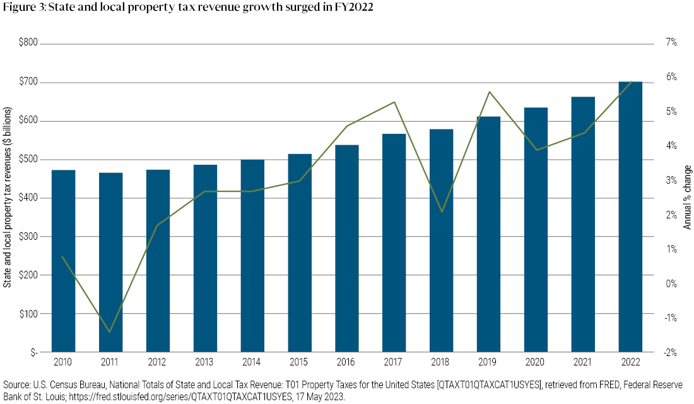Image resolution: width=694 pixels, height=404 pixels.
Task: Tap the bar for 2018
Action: click(x=441, y=241)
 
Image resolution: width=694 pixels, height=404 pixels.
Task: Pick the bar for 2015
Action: click(x=299, y=252)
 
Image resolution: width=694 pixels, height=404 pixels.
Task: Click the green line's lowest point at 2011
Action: click(x=110, y=331)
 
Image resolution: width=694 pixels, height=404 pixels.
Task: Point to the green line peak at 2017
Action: click(x=394, y=102)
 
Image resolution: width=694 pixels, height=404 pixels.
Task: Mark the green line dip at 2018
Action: click(x=441, y=211)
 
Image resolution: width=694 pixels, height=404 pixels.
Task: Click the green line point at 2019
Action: click(x=489, y=92)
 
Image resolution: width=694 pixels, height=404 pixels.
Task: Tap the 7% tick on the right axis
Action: click(x=671, y=42)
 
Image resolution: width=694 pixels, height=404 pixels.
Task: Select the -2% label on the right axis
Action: click(x=670, y=352)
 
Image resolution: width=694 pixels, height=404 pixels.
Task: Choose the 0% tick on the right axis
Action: click(x=671, y=283)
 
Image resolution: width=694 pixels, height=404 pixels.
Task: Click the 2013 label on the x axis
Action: click(x=205, y=362)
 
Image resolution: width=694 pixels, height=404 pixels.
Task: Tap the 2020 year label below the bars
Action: click(x=536, y=362)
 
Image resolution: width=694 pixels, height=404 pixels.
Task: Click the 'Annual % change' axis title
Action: click(x=688, y=197)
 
